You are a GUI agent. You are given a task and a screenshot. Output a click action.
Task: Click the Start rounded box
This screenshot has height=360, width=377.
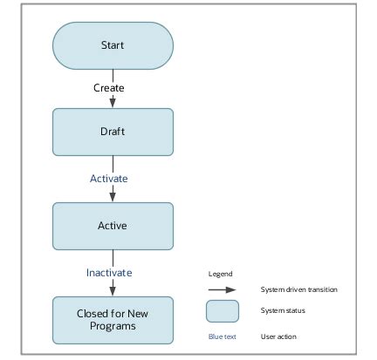pos(113,45)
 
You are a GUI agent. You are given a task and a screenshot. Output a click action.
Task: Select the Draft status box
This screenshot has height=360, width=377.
pos(113,132)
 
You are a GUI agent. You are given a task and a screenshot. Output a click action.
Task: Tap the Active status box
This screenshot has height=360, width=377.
pos(113,226)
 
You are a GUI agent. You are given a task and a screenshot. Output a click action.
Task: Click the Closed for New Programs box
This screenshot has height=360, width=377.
pos(113,320)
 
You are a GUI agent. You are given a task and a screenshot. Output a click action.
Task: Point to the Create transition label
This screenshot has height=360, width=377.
pos(109,88)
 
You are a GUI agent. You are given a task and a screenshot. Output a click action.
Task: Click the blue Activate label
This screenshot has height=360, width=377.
pos(109,179)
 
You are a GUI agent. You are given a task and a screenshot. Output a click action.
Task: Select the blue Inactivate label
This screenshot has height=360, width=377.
pos(109,273)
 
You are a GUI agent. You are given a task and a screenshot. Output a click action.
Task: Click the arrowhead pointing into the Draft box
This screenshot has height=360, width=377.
pos(113,103)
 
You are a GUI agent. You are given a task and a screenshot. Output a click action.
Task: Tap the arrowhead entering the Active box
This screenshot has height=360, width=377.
pos(113,197)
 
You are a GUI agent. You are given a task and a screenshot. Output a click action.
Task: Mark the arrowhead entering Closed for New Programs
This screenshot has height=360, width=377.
pos(113,291)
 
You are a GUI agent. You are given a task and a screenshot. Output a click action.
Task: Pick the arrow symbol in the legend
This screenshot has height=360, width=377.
pos(222,289)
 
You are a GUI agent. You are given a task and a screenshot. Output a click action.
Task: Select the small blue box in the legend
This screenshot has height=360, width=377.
pos(222,311)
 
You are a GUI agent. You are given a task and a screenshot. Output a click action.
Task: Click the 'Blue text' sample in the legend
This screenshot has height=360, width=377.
pos(222,336)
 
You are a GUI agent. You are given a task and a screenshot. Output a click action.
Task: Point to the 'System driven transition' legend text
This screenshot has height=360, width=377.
pos(298,289)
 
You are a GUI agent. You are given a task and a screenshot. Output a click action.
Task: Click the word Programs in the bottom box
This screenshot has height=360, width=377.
pos(113,327)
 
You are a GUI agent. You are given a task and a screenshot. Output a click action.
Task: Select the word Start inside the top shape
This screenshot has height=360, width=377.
pos(113,45)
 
